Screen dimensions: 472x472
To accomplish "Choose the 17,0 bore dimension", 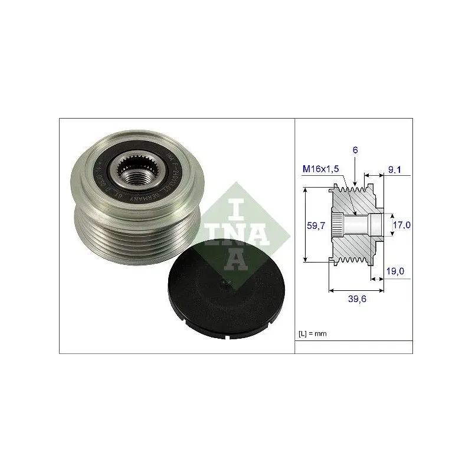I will [402, 225].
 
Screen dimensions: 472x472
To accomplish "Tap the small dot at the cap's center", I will [223, 286].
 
